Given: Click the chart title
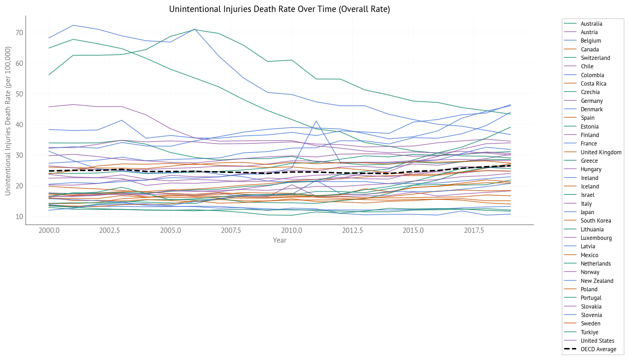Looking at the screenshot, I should [x=279, y=9].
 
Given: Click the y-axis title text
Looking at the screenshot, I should [x=8, y=121].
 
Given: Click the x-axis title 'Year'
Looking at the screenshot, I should [x=280, y=240].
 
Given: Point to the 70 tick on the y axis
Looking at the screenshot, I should [x=19, y=33].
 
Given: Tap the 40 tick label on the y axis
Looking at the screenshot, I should [x=19, y=125].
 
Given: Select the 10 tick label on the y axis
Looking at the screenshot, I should [x=19, y=217].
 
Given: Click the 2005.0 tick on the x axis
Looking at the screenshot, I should [x=170, y=230].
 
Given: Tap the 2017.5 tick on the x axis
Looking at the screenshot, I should [x=474, y=230].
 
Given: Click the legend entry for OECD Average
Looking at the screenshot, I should [x=598, y=349].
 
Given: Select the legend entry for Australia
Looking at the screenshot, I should [x=591, y=24].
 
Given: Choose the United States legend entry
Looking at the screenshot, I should [x=597, y=341].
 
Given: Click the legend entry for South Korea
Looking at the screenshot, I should [x=596, y=221].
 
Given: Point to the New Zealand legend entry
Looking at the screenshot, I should [x=597, y=281].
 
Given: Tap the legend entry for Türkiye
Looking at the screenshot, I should [x=589, y=333].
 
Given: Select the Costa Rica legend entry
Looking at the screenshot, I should [x=593, y=84].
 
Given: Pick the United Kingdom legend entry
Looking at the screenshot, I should [x=601, y=153].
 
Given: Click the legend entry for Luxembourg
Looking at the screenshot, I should [x=596, y=238].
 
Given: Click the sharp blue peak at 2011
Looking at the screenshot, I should [x=316, y=121].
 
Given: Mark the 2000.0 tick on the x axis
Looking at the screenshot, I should [x=49, y=230].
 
